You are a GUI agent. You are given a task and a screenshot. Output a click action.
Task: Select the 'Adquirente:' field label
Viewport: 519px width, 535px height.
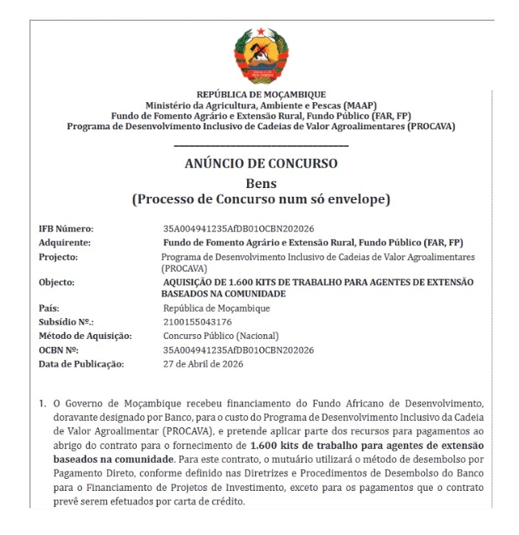(64, 242)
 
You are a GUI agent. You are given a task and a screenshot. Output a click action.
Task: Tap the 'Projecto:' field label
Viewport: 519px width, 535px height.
(59, 256)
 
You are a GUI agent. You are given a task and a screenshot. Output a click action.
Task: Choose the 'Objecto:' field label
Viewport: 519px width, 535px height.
(57, 283)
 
